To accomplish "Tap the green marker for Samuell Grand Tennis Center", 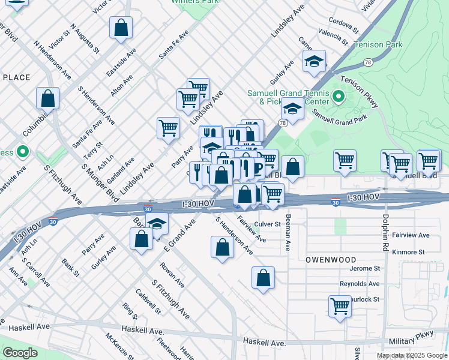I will point(338,96).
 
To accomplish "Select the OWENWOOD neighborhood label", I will point(331,259).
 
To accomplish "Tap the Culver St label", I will point(267,224).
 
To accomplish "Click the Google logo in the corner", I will point(20,353).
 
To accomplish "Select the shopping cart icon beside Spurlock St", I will point(340,306).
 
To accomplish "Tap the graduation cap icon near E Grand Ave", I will point(157,224).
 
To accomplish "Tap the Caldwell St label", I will point(148,302).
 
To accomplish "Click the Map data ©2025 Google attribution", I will point(412,355).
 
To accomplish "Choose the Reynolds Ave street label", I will point(360,284).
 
